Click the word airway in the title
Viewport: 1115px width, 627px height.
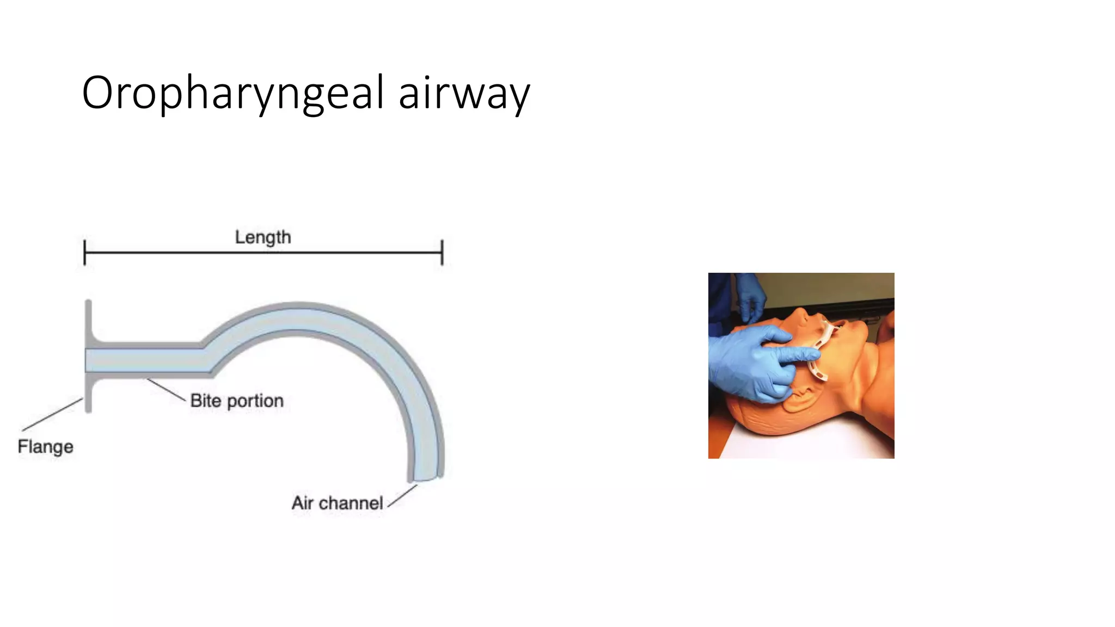(x=464, y=94)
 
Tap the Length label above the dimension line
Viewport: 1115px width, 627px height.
(x=263, y=237)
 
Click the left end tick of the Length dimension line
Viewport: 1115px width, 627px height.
(x=85, y=253)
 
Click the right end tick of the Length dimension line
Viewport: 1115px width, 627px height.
(x=442, y=253)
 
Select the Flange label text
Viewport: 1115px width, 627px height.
(x=45, y=446)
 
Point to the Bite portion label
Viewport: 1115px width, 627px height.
(x=237, y=401)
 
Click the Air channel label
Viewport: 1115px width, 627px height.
(x=337, y=503)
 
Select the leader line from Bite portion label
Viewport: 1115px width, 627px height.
(x=166, y=390)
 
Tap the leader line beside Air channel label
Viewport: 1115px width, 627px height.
(x=402, y=496)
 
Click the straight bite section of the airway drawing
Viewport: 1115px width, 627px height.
(x=147, y=360)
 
